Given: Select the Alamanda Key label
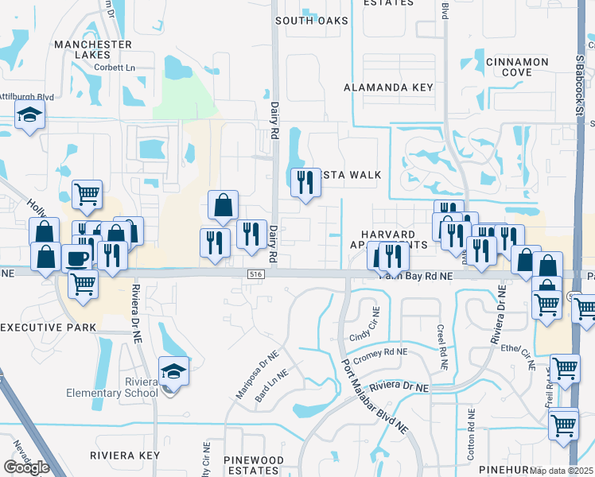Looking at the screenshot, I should pyautogui.click(x=388, y=87).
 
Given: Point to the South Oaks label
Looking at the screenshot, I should pyautogui.click(x=307, y=21).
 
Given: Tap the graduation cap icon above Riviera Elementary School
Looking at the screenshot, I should pyautogui.click(x=173, y=371).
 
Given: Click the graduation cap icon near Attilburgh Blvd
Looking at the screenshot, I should pyautogui.click(x=30, y=116).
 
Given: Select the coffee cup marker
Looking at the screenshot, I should pyautogui.click(x=77, y=258).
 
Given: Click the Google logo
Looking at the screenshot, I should pyautogui.click(x=26, y=467).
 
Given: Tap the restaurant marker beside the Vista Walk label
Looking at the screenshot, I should pyautogui.click(x=305, y=183).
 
